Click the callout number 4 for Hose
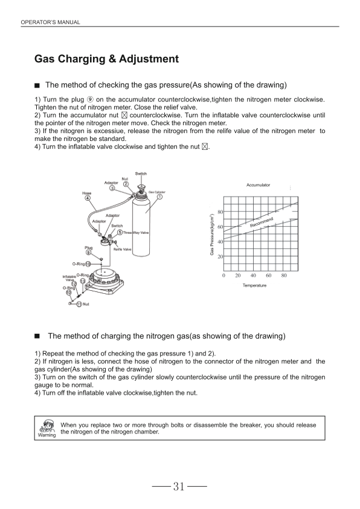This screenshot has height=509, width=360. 88,198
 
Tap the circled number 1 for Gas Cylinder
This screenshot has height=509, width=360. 159,196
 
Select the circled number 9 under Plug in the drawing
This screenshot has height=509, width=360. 88,253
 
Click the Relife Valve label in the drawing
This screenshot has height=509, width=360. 122,249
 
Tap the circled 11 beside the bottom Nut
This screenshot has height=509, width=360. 79,304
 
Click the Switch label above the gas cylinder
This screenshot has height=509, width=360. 141,173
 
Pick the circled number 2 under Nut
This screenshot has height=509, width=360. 125,184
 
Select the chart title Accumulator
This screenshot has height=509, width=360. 258,185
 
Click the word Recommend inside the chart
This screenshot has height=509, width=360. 262,222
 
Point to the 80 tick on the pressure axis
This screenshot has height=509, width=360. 220,212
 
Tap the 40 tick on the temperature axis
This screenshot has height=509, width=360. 253,276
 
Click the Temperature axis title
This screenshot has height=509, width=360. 254,285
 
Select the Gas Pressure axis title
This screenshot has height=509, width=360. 212,234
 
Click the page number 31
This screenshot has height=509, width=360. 179,486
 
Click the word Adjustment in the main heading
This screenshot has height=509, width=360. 149,59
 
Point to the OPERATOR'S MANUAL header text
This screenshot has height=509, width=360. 50,22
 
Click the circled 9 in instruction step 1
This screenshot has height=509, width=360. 90,99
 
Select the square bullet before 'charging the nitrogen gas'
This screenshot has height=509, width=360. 37,336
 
